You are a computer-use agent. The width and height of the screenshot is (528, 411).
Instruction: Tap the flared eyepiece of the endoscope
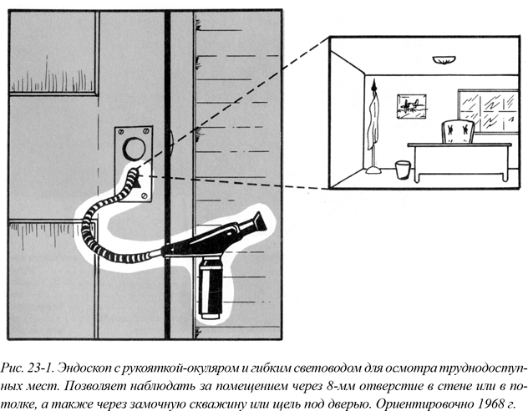pyautogui.click(x=256, y=221)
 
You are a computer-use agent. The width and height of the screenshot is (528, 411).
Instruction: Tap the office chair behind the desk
pyautogui.click(x=457, y=131)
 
